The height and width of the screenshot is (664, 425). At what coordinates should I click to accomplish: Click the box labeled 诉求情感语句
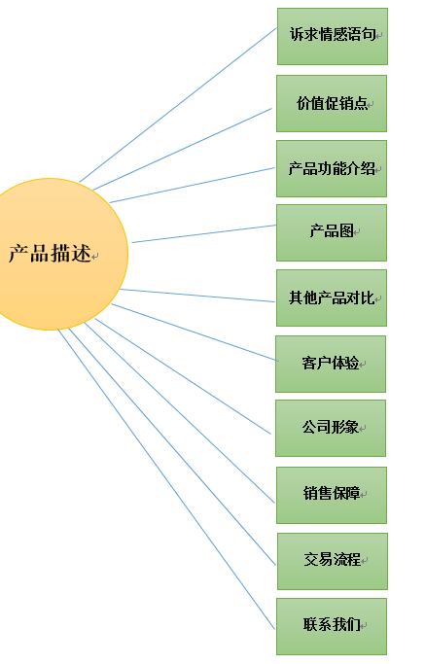tap(333, 36)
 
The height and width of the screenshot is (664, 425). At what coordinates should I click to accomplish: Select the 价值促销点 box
tap(332, 103)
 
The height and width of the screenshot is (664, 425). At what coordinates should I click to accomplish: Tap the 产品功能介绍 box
tap(332, 168)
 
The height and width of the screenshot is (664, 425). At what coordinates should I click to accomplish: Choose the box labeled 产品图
tap(332, 233)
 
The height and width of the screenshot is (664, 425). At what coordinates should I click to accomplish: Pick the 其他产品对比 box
tap(332, 298)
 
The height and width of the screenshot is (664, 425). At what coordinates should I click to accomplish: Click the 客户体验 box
tap(331, 365)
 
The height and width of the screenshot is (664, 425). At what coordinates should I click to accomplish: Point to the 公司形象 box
tap(331, 428)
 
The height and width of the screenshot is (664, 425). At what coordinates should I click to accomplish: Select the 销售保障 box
tap(332, 495)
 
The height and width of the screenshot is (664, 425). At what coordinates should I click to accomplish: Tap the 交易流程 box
tap(333, 561)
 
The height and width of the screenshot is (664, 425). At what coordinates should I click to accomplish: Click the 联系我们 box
tap(332, 626)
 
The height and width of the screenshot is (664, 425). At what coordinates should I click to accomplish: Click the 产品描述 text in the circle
tap(50, 253)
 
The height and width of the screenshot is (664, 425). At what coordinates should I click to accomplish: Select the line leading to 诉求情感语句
tap(178, 105)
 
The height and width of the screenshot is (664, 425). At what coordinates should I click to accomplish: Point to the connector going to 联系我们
tap(166, 479)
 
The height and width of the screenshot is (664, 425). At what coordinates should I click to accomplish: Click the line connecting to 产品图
tap(204, 233)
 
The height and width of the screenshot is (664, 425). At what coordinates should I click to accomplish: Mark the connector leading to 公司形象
tap(183, 376)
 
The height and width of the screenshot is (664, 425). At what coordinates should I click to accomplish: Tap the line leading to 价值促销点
tap(182, 149)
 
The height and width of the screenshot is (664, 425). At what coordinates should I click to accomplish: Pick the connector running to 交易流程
tap(172, 447)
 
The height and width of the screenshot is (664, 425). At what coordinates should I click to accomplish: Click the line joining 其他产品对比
tap(197, 296)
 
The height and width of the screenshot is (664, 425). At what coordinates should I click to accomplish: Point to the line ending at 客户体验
tap(195, 332)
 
